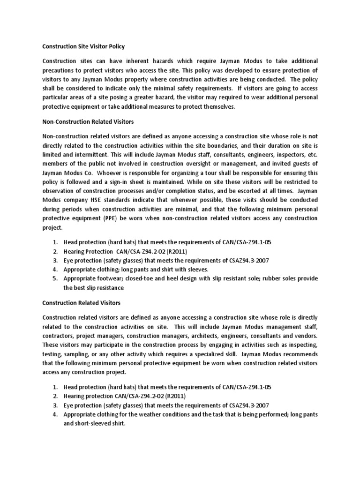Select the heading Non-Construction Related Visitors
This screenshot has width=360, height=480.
[88, 122]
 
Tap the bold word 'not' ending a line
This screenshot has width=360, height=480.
[313, 137]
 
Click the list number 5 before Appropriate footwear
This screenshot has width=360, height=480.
[55, 278]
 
